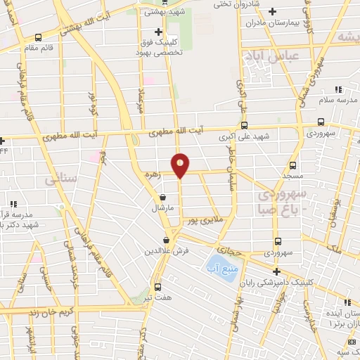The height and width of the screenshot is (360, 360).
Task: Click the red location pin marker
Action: click(181, 165)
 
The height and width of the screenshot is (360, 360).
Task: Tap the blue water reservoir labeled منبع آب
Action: click(219, 266)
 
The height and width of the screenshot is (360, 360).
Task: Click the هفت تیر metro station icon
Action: click(157, 287)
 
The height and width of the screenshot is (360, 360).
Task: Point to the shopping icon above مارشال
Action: click(163, 198)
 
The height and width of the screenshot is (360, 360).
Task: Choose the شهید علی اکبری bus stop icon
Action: click(244, 126)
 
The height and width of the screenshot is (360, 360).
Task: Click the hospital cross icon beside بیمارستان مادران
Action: click(273, 11)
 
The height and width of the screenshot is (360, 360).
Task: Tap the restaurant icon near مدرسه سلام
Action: click(338, 89)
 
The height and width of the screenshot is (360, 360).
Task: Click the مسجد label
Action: click(293, 173)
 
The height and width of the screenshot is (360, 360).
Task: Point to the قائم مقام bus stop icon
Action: click(37, 37)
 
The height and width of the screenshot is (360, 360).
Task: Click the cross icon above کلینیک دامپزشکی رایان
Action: click(276, 272)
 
